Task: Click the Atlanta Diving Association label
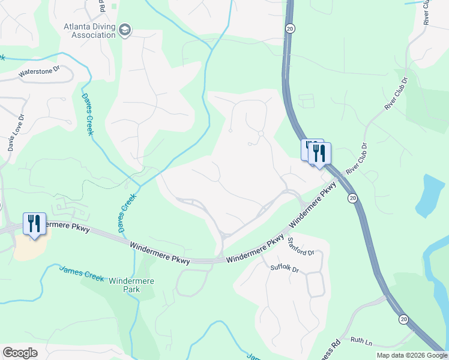tap(89, 30)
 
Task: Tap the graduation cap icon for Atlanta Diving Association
tap(125, 30)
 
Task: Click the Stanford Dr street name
tap(301, 247)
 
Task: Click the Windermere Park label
tap(131, 285)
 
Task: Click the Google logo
tap(20, 353)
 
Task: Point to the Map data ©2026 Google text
tap(412, 355)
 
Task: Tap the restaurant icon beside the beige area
tap(34, 223)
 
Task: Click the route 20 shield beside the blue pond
tap(352, 197)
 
